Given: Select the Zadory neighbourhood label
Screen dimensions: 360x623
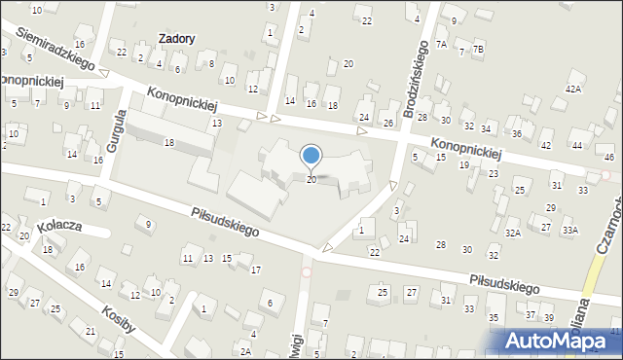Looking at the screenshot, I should (x=176, y=39).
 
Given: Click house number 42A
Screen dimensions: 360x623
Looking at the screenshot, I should (x=573, y=89).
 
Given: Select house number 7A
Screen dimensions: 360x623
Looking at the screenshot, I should (x=441, y=44).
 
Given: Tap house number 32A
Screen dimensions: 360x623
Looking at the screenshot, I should (x=512, y=234).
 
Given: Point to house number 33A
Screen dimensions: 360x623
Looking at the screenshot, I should (x=569, y=230).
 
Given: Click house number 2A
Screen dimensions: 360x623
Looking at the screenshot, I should (x=246, y=351).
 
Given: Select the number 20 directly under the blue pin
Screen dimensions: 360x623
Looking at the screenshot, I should (x=311, y=180).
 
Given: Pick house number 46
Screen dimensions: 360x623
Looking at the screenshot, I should (x=609, y=157).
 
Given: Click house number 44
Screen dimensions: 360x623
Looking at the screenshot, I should (x=576, y=145).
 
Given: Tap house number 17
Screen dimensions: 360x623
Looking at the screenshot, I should (x=255, y=269).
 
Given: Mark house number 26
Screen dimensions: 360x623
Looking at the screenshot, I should (x=387, y=123).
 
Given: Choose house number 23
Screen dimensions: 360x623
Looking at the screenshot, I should (x=494, y=173).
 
